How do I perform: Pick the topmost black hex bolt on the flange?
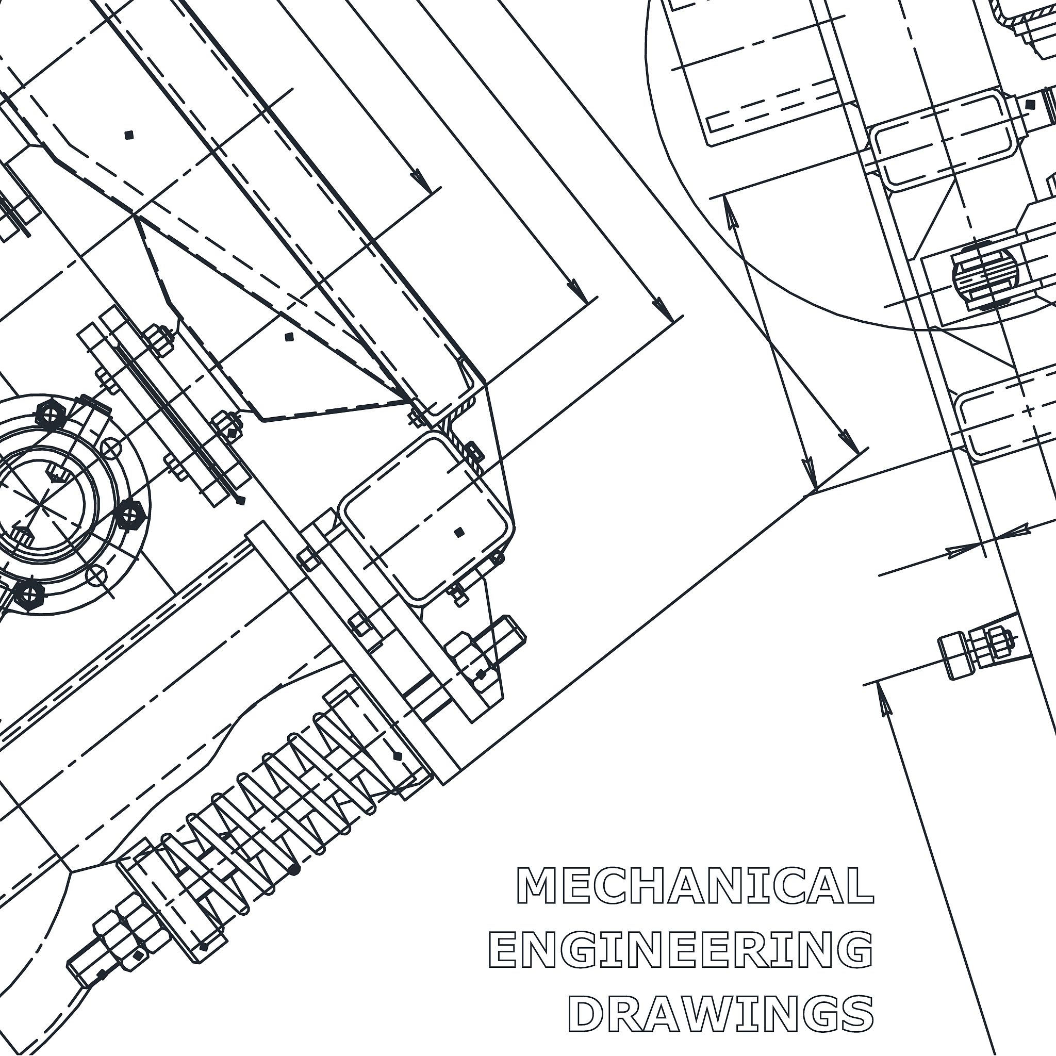point(51,415)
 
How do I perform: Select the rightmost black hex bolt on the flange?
point(131,514)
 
